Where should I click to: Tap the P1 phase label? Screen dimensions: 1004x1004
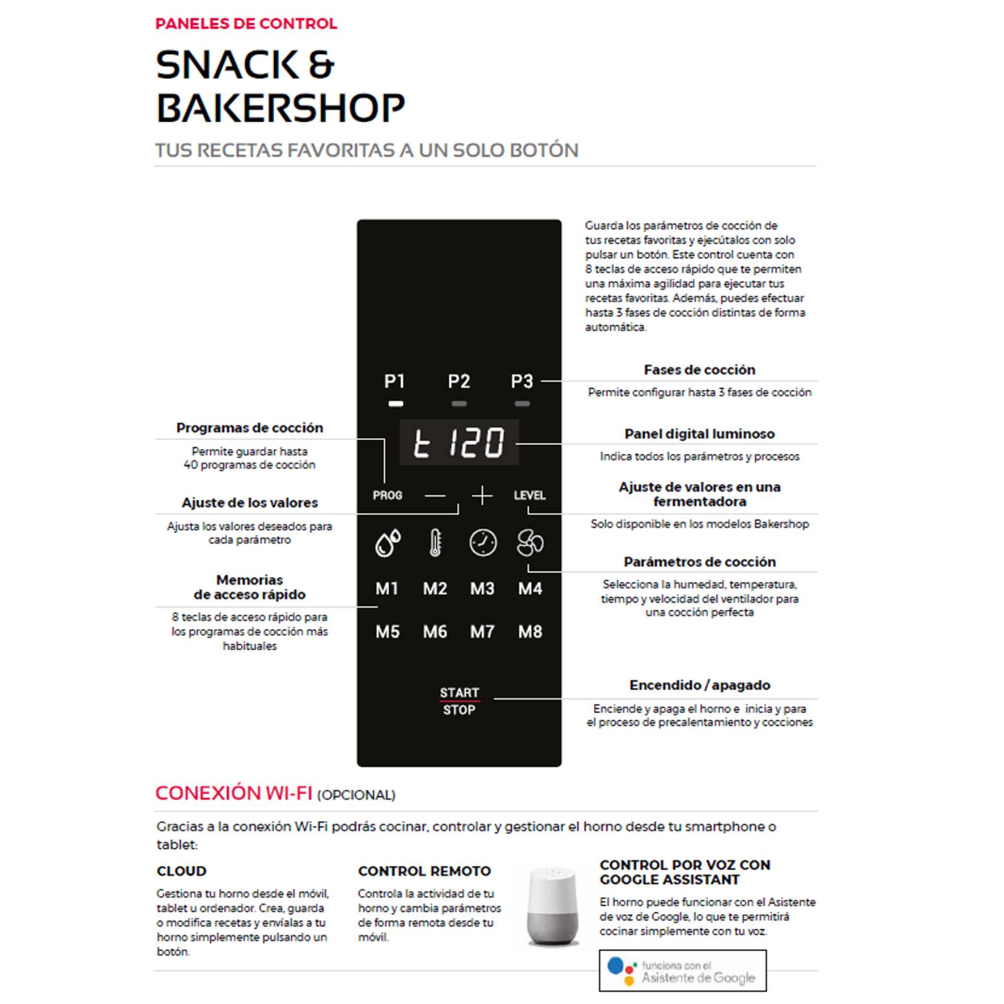click(x=394, y=381)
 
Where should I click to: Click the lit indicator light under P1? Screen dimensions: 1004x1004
click(x=395, y=404)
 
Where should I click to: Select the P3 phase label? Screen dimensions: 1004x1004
click(x=522, y=381)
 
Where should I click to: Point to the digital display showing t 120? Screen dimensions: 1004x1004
click(x=459, y=443)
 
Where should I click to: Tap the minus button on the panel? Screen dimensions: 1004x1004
click(x=435, y=496)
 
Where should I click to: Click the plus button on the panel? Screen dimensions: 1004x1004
click(x=482, y=496)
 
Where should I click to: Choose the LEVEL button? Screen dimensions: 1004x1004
click(x=530, y=495)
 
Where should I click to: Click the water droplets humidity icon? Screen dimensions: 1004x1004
click(x=388, y=543)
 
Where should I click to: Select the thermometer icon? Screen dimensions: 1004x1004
click(x=435, y=543)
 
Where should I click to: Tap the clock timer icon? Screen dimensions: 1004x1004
click(x=483, y=543)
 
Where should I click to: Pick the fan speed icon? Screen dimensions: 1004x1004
click(x=530, y=543)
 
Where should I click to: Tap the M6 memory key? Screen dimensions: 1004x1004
click(x=435, y=632)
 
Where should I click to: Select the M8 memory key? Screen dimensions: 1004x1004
click(x=530, y=632)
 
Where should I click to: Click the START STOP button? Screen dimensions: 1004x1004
click(x=460, y=701)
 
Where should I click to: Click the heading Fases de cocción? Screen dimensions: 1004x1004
click(x=699, y=370)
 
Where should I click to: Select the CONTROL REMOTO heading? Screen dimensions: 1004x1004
click(x=424, y=871)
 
